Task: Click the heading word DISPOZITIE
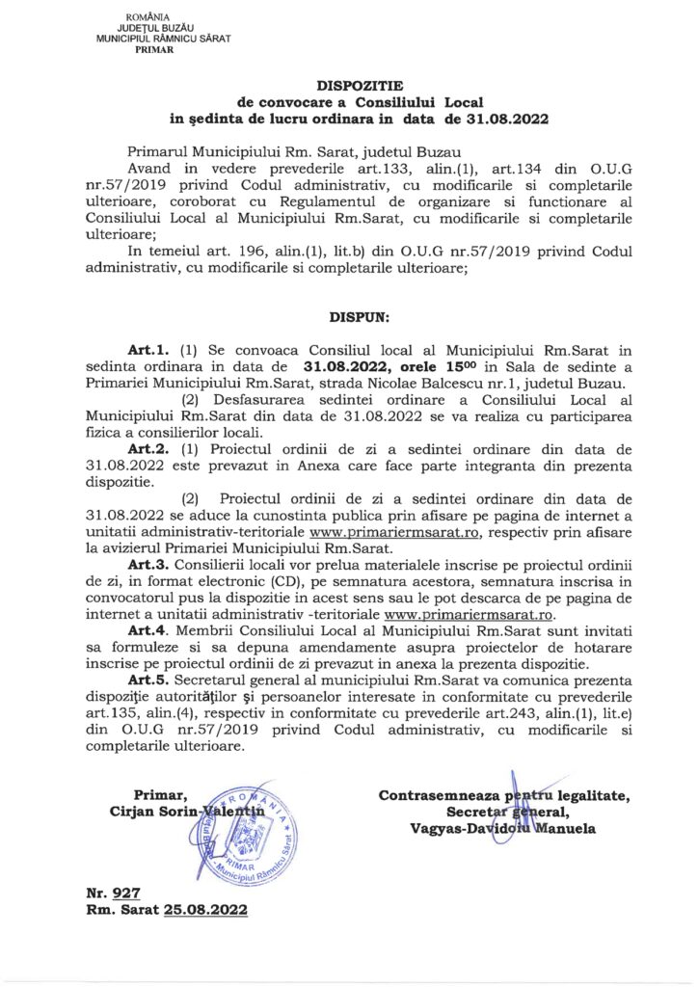pos(348,85)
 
